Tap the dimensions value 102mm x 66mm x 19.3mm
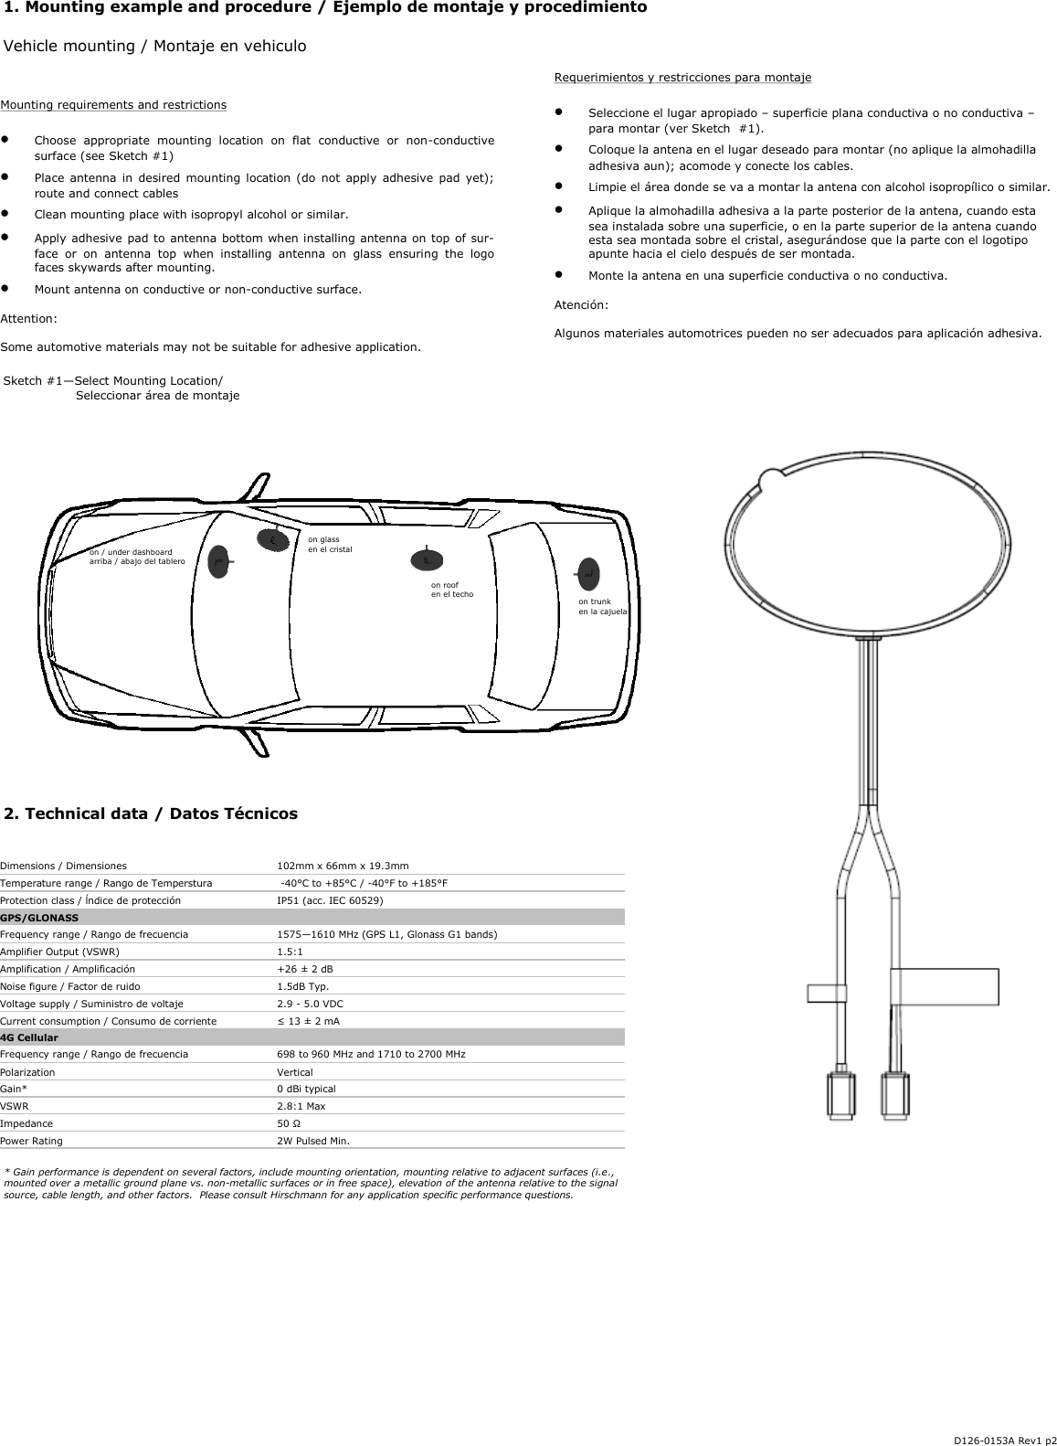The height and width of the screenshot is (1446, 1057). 343,866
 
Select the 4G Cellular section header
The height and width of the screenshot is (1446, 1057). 29,1037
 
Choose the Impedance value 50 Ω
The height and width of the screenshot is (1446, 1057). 289,1123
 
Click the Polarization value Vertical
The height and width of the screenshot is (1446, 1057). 294,1072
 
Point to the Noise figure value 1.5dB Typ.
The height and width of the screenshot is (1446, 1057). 302,986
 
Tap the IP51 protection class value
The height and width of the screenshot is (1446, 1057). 330,900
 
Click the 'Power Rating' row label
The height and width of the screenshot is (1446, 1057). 32,1141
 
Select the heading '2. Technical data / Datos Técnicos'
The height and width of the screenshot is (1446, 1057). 152,813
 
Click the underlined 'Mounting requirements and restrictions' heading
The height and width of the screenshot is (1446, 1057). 113,105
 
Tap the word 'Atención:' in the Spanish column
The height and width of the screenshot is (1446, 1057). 581,304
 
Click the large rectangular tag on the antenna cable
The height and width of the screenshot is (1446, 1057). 945,986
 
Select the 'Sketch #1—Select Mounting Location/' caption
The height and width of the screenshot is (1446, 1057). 113,381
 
